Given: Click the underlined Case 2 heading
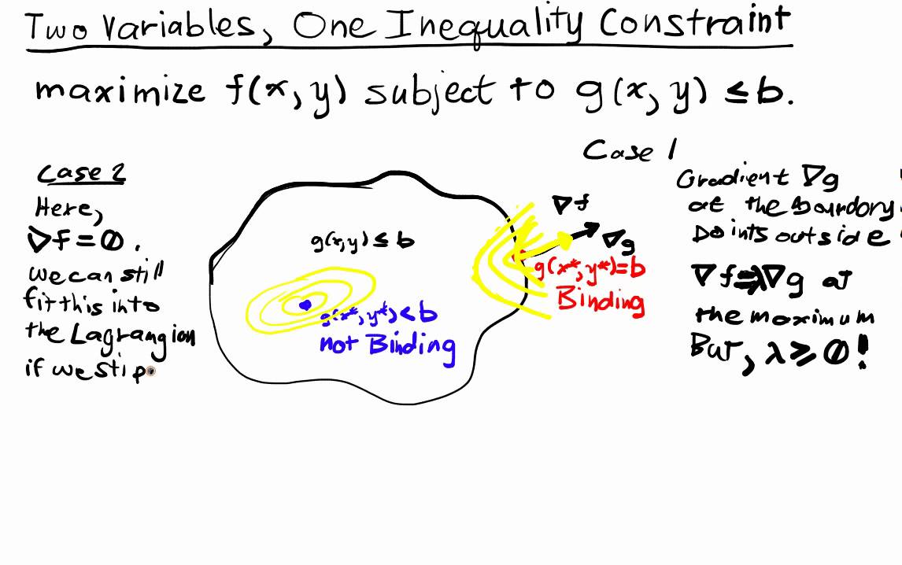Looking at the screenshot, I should coord(81,175).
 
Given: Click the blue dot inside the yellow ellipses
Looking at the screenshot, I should coord(305,305).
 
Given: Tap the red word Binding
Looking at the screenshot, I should coord(600,300).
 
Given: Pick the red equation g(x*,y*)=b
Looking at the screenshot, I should coord(590,268).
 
